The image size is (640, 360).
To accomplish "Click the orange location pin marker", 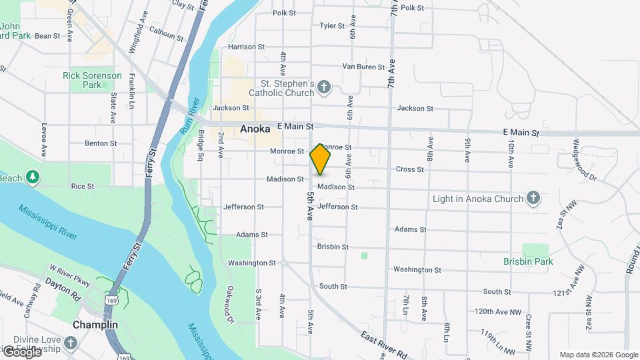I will pos(320,159).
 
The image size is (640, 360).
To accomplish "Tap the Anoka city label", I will pos(255,131).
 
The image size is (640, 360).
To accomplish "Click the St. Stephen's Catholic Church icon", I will pos(323,87).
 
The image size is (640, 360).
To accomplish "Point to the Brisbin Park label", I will pos(529,262).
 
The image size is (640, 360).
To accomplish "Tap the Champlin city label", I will pos(95,325).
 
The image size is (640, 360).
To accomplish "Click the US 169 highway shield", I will pos(109,301).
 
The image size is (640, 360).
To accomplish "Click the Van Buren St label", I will pos(363,67).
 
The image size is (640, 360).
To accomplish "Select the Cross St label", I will pos(410,169).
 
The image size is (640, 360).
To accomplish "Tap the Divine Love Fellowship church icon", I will pos(71,343).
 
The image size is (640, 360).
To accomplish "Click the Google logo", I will pos(21,352).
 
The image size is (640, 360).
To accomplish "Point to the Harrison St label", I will pos(246,47).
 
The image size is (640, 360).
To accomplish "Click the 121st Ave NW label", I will pos(572,293).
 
